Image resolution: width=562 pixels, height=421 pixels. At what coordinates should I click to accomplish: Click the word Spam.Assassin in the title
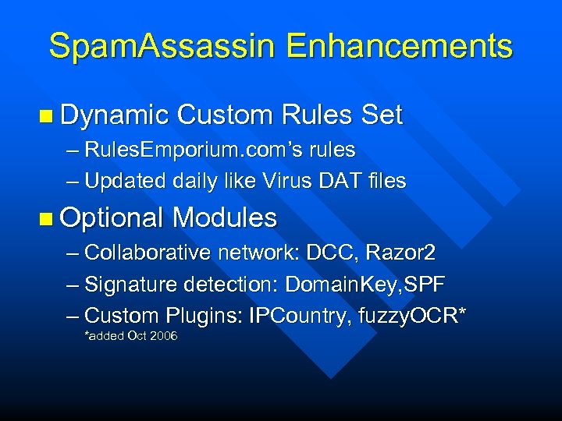click(x=162, y=46)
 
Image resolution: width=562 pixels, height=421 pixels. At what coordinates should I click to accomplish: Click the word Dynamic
click(x=114, y=115)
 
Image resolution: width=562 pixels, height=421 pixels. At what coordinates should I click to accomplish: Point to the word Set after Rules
click(x=382, y=115)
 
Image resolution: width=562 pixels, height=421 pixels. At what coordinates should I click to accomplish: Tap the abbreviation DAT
click(x=344, y=181)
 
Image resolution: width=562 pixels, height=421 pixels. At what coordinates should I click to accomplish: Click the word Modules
click(x=225, y=218)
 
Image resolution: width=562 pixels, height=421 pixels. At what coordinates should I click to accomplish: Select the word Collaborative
click(x=148, y=253)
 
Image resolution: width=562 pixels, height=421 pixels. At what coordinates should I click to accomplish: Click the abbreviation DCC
click(x=327, y=253)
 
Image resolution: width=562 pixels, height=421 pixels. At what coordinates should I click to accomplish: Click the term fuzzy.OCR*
click(x=422, y=316)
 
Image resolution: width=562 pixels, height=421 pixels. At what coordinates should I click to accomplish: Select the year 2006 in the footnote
click(x=164, y=336)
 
